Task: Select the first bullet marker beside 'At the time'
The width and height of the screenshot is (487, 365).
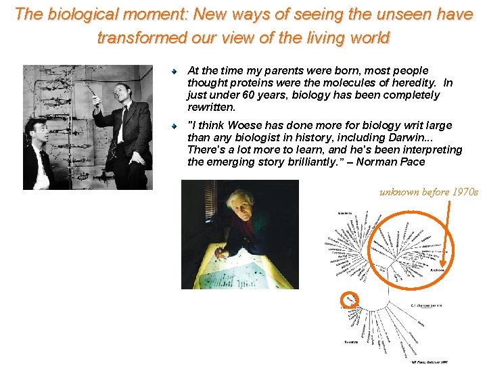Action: click(174, 71)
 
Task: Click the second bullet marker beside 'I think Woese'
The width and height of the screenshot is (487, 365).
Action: click(174, 126)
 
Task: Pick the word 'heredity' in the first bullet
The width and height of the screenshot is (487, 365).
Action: click(413, 82)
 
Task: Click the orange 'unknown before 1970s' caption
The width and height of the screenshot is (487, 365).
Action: click(428, 193)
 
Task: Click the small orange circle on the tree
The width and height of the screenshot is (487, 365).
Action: click(350, 299)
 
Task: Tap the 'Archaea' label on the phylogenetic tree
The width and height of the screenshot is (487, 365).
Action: click(437, 270)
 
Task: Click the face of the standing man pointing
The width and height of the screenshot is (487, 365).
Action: click(120, 93)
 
